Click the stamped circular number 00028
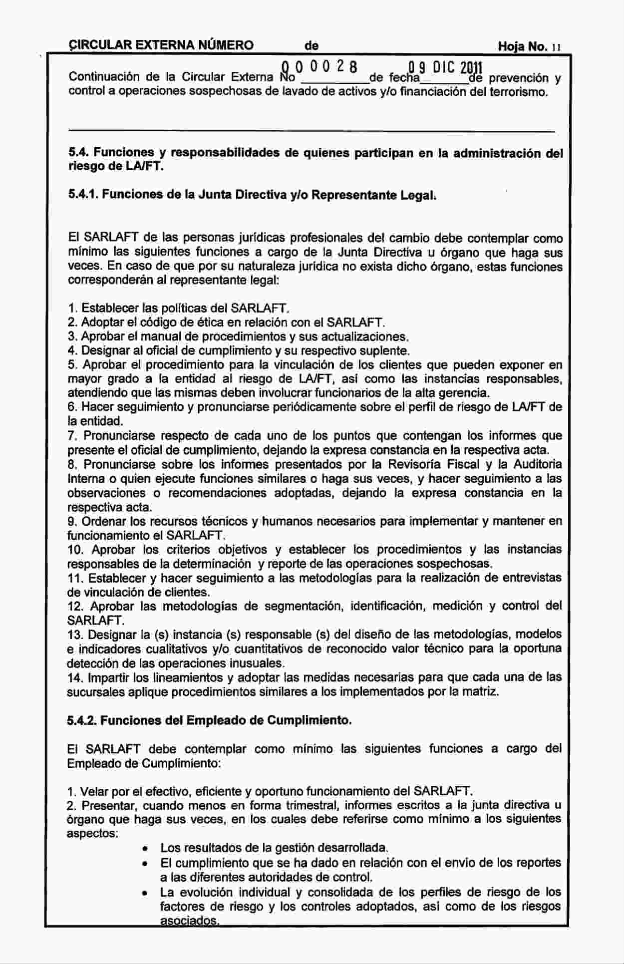click(319, 67)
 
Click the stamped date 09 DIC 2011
click(445, 67)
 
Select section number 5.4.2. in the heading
click(83, 720)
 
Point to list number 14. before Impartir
click(75, 677)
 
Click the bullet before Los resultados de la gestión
click(144, 848)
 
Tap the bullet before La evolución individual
click(144, 892)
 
